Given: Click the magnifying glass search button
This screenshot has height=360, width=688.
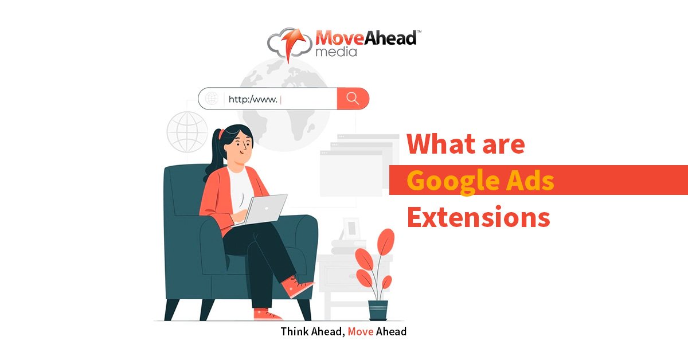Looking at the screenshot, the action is (353, 99).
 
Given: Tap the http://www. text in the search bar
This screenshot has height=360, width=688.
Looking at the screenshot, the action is (253, 99).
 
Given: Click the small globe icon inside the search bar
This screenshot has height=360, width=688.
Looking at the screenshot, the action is (212, 99).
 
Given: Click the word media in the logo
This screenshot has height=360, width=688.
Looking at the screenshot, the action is (336, 52).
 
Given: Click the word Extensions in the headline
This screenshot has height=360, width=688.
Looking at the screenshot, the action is (479, 217).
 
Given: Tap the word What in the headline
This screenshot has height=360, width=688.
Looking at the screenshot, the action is (441, 143).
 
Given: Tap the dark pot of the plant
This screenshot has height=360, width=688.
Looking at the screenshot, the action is (378, 311).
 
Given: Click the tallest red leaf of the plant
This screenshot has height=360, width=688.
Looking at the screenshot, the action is (386, 241).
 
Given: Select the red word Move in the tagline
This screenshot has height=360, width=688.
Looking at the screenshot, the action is (361, 332).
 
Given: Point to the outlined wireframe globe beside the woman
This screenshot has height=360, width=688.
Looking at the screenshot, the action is (187, 132).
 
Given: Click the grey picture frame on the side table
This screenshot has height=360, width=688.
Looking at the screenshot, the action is (351, 228).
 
